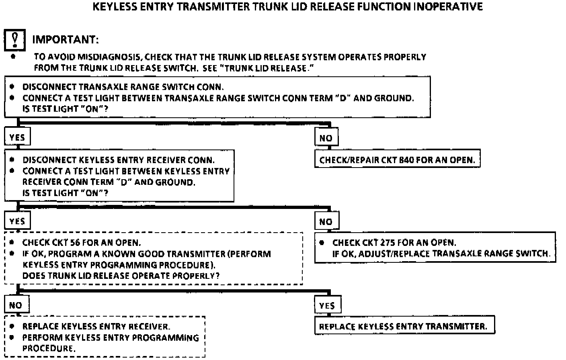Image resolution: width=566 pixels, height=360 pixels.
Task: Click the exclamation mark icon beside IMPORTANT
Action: click(x=15, y=40)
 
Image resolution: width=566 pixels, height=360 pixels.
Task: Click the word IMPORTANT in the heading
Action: click(x=65, y=40)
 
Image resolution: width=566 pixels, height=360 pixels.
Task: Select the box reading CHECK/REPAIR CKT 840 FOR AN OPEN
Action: click(x=397, y=160)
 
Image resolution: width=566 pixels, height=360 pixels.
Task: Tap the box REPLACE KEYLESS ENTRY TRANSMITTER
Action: click(x=404, y=326)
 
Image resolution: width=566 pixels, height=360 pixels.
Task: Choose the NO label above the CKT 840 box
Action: click(x=326, y=138)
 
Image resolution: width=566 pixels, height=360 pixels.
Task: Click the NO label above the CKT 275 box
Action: click(x=326, y=222)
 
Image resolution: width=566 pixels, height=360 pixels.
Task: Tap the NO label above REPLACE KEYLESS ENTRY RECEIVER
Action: click(x=16, y=305)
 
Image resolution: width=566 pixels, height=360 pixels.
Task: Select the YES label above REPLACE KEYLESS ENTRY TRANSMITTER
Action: click(x=327, y=306)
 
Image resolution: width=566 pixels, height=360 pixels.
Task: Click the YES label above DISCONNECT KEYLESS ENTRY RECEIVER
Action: click(x=17, y=138)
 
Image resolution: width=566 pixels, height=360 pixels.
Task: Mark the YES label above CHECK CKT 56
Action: click(x=17, y=221)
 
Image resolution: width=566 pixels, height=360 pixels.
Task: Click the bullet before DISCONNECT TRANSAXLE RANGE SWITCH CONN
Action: click(x=12, y=87)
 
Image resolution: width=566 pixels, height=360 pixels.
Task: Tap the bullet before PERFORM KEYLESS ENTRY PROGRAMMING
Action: click(x=12, y=337)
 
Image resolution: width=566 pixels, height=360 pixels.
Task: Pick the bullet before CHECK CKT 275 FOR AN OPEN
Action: click(x=322, y=243)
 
